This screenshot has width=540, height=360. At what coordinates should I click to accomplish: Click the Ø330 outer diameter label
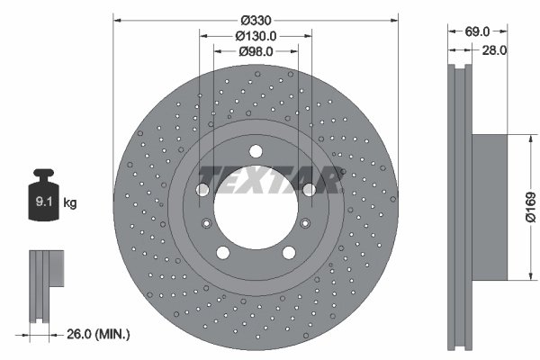255,19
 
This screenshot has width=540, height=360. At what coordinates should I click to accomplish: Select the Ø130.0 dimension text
255,36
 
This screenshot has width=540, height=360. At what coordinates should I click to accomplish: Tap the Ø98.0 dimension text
255,51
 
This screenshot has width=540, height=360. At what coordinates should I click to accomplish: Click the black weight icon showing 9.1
43,195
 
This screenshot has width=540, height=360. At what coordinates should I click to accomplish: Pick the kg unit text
70,203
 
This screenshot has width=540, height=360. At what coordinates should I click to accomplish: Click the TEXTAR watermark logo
269,180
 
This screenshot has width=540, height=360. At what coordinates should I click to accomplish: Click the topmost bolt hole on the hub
256,150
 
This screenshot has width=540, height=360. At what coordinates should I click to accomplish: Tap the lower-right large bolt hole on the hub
288,253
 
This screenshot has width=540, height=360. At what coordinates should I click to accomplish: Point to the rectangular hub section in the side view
494,207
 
